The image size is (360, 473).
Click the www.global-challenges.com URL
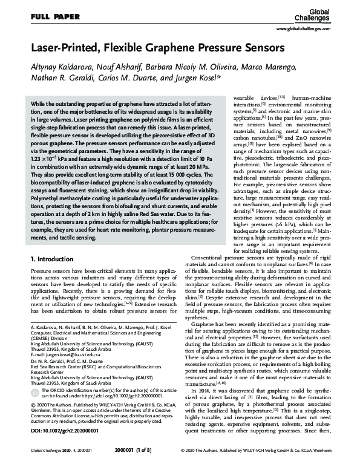pos(315,29)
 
